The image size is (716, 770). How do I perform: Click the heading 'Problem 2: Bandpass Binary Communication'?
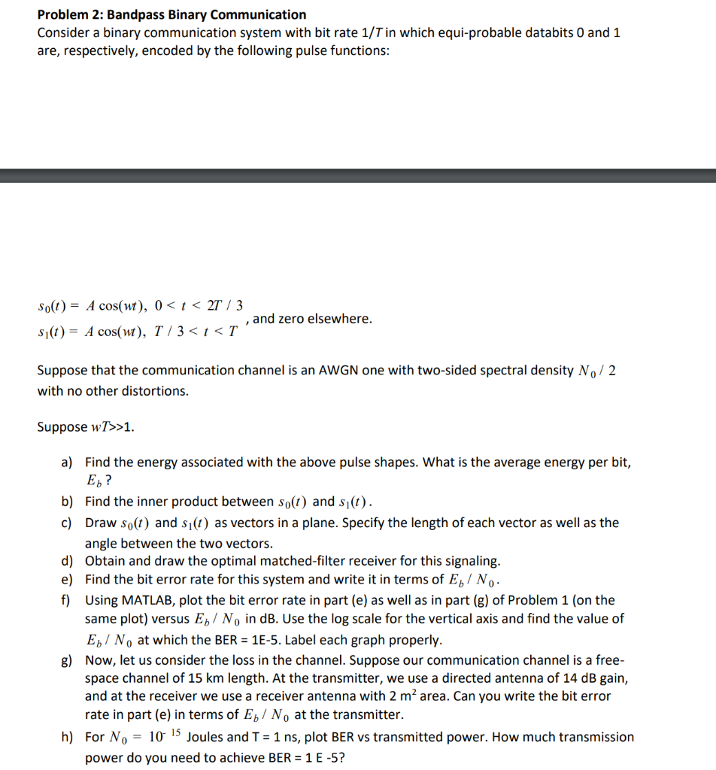[x=171, y=14]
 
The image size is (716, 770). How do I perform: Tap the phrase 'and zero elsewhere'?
[x=312, y=319]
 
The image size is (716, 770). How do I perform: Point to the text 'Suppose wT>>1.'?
[x=86, y=427]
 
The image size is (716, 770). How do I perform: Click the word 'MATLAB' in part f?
[x=150, y=600]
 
